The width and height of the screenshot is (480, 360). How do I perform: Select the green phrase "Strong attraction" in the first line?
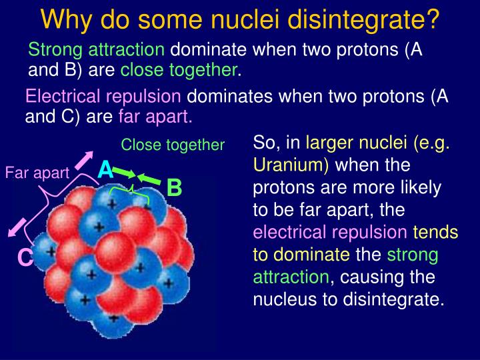click(x=96, y=49)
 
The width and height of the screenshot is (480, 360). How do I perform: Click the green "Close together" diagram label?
click(x=173, y=145)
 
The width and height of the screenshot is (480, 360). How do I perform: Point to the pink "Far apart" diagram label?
click(x=37, y=173)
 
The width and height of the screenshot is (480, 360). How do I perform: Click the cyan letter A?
click(x=105, y=171)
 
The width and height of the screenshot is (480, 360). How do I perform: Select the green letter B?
click(x=174, y=188)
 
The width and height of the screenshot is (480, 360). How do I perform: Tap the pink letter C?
click(x=25, y=257)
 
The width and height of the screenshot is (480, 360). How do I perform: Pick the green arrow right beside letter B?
click(x=150, y=179)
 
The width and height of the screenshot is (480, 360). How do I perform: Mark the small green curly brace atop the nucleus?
click(x=133, y=191)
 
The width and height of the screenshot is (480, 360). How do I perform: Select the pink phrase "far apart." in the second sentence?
click(x=155, y=118)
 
